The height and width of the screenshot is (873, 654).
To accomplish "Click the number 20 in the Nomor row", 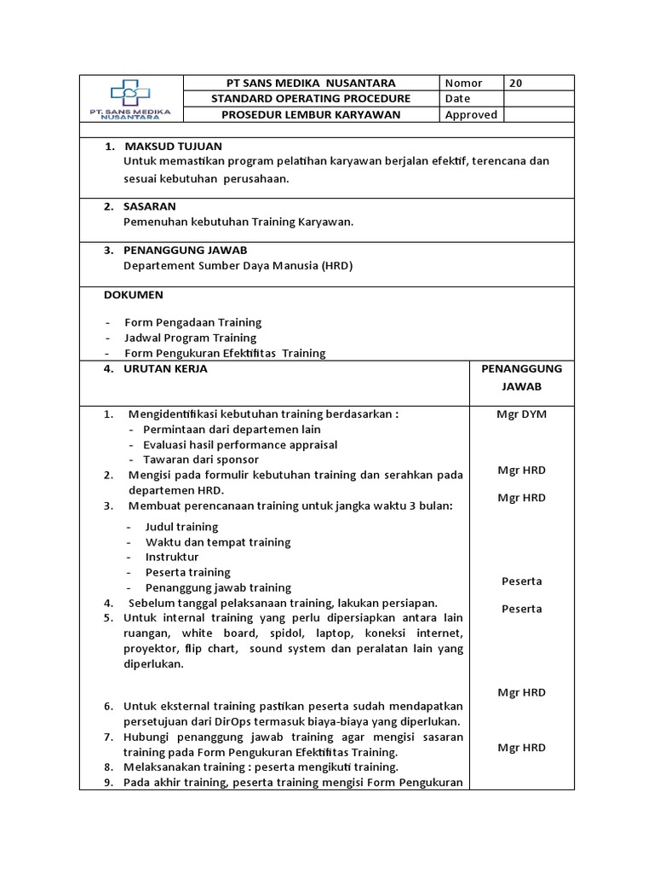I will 515,83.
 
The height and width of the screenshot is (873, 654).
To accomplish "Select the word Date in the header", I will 457,99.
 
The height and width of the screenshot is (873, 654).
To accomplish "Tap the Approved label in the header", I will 471,115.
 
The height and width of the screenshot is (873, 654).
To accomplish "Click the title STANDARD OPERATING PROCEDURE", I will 311,99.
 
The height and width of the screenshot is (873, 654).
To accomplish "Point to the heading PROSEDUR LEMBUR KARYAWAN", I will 311,115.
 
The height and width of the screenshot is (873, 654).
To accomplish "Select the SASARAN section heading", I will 150,206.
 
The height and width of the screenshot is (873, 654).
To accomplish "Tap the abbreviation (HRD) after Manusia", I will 336,265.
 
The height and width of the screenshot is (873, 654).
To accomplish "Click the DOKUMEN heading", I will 133,295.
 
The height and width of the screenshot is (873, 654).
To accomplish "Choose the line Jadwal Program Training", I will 191,338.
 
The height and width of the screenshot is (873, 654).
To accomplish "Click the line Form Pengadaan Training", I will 193,322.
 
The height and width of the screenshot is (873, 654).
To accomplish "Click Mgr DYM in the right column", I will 521,414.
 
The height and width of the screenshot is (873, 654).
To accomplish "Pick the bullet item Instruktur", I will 172,557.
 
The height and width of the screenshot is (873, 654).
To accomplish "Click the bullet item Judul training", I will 181,527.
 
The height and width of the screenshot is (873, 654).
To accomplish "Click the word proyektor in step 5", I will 151,649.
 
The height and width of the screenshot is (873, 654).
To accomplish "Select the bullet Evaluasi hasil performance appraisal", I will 240,444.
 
